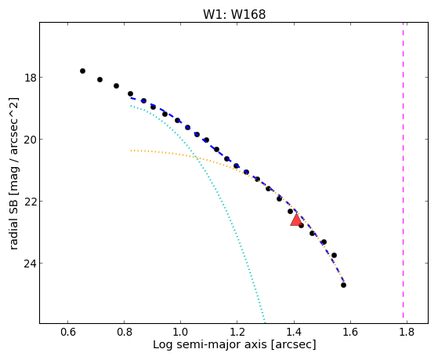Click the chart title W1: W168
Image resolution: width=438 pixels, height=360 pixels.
coord(234,14)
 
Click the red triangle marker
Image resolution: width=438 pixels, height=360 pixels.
coord(296,220)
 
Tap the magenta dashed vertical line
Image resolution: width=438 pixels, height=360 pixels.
coord(403,170)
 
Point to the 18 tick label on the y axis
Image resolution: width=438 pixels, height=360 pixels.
coord(30,77)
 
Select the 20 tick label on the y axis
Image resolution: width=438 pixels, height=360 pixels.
coord(30,140)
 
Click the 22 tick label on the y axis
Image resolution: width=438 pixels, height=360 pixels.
coord(30,202)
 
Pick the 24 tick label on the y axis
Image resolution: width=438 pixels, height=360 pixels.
coord(30,264)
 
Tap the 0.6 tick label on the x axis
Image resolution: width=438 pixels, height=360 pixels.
coord(68,332)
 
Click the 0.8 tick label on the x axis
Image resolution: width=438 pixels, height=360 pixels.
coord(125,332)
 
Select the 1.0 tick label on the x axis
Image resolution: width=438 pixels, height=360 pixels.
coord(181,332)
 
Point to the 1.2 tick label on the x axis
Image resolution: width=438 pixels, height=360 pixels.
coord(237,332)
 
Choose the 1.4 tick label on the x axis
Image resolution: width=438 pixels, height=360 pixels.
coord(294,332)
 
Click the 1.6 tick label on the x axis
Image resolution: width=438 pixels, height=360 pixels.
coord(350,332)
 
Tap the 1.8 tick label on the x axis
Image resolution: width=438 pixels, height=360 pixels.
coord(407,332)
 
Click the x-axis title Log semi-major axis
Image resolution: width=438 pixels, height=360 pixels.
coord(210,345)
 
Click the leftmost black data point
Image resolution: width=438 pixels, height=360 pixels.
coord(82,71)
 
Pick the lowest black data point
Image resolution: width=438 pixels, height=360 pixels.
coord(344,285)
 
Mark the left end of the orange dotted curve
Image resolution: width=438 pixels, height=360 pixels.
coord(131,151)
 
